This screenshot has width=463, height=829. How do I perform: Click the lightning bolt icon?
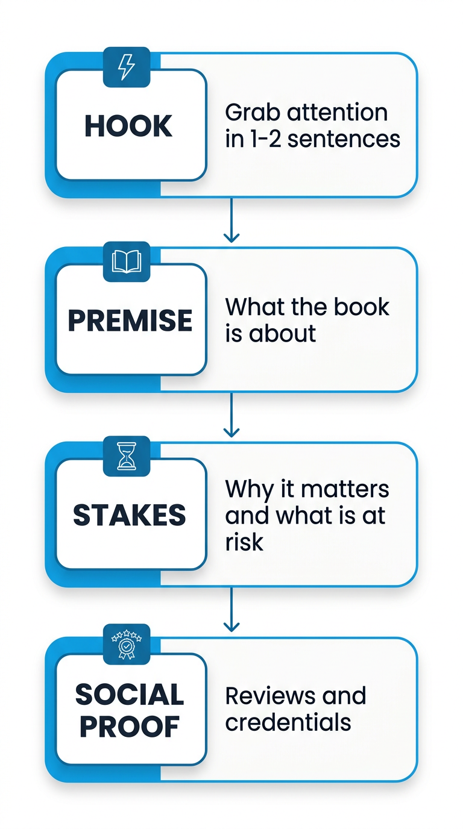point(127,66)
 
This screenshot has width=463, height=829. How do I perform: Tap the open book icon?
point(127,261)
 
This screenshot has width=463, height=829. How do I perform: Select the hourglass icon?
point(127,456)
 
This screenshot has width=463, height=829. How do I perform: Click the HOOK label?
point(128,126)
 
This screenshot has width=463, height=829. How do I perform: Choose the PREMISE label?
point(130,321)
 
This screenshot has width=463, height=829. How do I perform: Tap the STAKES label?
point(130,515)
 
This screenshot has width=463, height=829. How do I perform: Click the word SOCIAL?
point(130,695)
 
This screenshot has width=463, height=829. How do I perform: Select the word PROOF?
point(130,726)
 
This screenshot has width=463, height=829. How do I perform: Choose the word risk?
point(244,542)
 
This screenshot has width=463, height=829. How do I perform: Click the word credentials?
point(288,722)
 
